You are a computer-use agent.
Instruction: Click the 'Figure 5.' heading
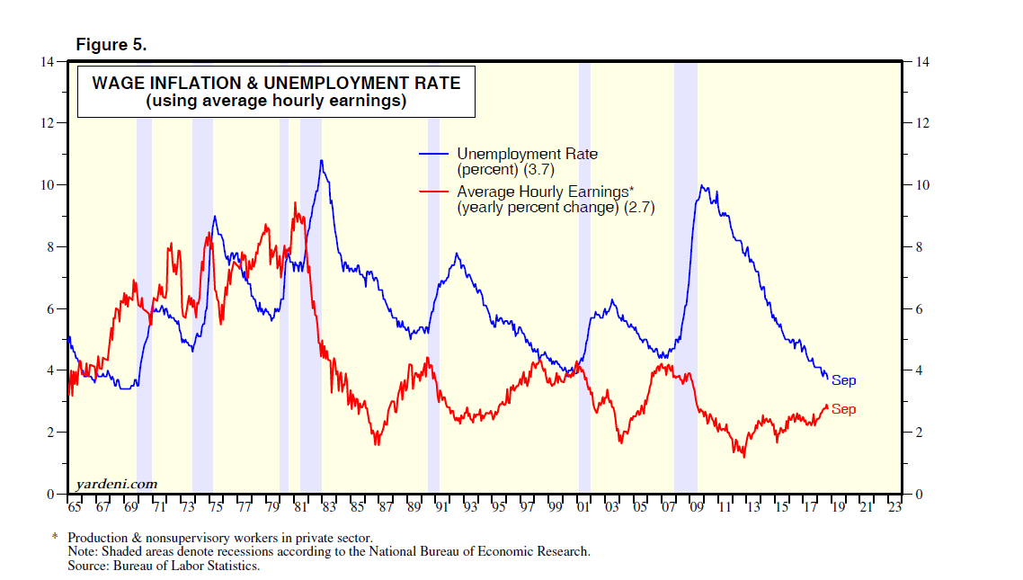point(111,44)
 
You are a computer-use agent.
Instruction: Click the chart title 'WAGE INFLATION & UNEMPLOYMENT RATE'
point(277,84)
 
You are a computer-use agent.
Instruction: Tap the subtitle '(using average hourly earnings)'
point(277,102)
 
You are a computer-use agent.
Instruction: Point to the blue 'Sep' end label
point(843,380)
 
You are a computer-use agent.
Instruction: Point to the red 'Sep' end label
point(843,409)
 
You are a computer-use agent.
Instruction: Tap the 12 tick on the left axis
point(47,123)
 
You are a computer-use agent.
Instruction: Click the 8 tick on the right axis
point(920,247)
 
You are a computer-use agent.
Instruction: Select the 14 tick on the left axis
point(47,61)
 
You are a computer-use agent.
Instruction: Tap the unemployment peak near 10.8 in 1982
point(321,161)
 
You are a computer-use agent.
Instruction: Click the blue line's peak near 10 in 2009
point(702,186)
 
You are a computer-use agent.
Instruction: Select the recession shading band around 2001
point(584,270)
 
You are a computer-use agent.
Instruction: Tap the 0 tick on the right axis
point(920,495)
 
